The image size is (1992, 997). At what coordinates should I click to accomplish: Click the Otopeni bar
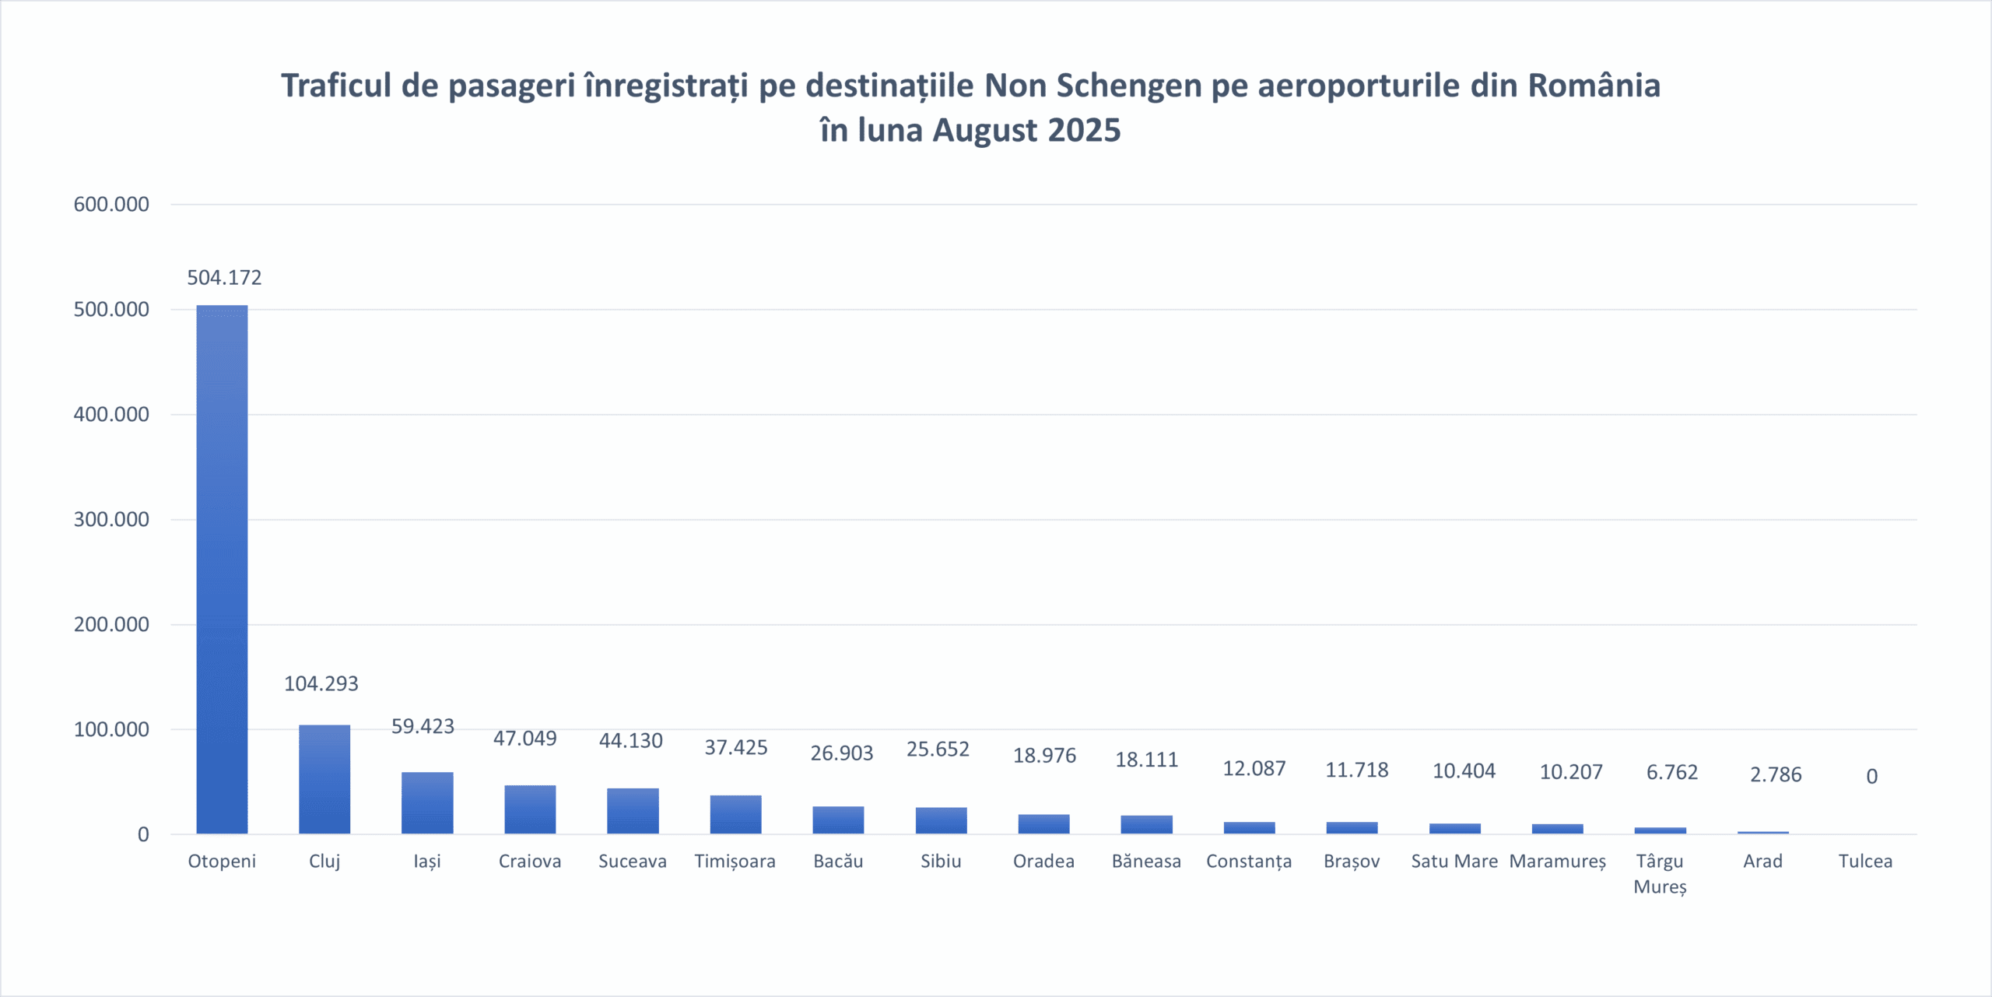point(222,570)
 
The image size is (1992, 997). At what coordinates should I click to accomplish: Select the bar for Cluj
point(324,779)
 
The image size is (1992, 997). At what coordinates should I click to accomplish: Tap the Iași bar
point(427,802)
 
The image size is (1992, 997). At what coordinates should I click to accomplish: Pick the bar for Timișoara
point(735,814)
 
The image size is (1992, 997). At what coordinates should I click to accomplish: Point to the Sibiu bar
point(941,820)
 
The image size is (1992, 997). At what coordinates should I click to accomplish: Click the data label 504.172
point(224,278)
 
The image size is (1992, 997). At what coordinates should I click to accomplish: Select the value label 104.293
point(321,683)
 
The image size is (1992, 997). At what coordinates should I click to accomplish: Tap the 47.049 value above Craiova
point(525,739)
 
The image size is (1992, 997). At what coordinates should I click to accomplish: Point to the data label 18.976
point(1044,756)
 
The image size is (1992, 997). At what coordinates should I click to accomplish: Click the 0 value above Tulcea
point(1871,776)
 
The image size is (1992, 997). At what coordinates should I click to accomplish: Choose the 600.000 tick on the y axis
point(111,205)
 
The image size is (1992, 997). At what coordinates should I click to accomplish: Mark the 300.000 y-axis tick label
point(111,520)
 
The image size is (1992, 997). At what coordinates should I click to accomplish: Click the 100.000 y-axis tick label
point(111,730)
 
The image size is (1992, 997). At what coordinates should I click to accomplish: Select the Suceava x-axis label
point(632,862)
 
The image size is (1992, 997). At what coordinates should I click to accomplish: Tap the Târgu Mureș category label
point(1660,873)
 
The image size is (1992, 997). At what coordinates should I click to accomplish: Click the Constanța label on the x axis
point(1249,862)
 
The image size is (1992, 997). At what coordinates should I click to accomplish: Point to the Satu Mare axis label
point(1454,862)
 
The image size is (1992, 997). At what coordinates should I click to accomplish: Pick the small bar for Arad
point(1762,832)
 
